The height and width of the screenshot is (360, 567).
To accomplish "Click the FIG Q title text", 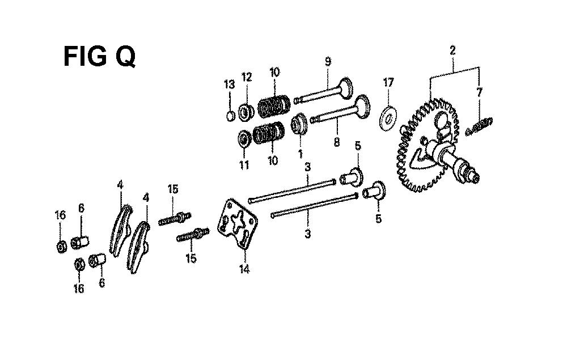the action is [99, 56].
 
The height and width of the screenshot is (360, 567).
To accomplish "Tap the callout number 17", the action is [388, 82].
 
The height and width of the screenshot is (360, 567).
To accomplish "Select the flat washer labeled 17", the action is [388, 118].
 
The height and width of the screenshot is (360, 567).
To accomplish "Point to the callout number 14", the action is [244, 269].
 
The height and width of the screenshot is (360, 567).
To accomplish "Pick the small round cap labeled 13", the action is [230, 116].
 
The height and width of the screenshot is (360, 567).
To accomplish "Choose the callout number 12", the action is [247, 77].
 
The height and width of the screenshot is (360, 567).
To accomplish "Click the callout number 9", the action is [328, 62].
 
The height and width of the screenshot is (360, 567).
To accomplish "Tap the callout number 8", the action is [337, 142].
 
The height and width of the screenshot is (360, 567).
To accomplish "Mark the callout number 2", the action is [452, 50].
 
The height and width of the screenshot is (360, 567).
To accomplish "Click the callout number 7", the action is [480, 92].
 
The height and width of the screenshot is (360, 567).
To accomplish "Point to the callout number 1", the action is [300, 154].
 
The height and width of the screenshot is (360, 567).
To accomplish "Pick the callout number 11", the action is [244, 165].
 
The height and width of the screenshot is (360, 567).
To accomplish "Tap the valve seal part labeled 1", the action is [299, 124].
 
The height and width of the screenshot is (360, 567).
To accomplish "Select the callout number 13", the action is [229, 85].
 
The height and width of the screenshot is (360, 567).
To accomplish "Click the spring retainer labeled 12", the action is [246, 112].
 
